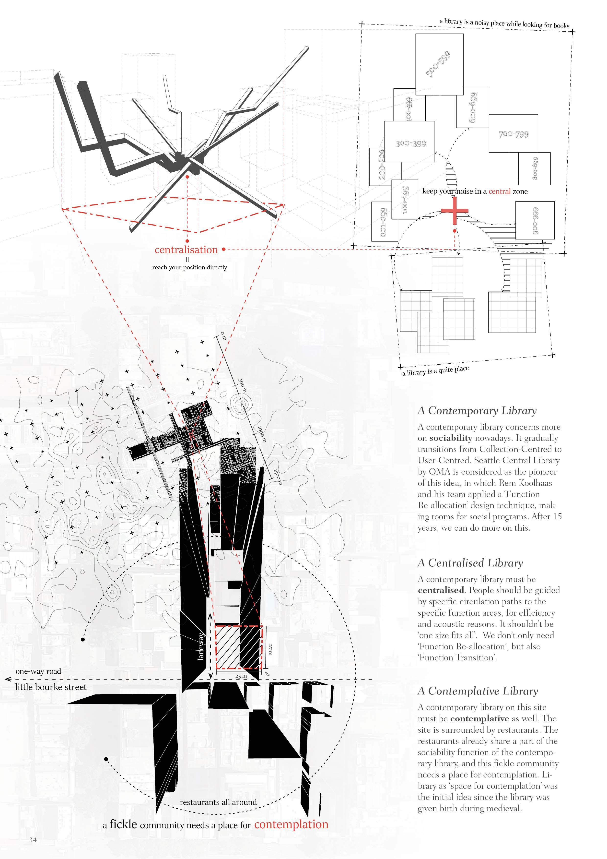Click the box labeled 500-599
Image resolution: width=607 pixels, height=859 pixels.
(439, 64)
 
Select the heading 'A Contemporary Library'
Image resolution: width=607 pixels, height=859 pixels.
(477, 410)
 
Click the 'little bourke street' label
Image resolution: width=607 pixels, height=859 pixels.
(51, 687)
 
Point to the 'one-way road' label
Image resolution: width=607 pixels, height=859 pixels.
(38, 671)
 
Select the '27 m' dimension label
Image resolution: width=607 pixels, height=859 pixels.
(270, 649)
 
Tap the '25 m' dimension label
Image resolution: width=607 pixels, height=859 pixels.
(241, 676)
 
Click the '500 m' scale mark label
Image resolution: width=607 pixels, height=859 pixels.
(242, 385)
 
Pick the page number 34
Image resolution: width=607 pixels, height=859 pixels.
(33, 840)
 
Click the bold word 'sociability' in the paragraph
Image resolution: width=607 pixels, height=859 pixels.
(451, 438)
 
